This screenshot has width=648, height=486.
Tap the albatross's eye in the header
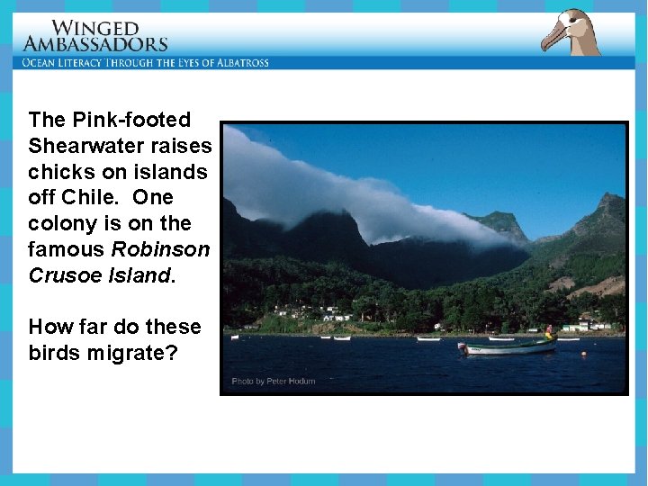coord(572,21)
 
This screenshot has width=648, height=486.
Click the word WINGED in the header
coord(95,29)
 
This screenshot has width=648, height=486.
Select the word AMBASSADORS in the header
coord(95,44)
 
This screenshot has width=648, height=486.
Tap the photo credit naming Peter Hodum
coord(274,381)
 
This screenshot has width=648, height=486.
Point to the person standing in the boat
coord(548,332)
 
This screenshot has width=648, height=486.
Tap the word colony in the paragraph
coord(59,223)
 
